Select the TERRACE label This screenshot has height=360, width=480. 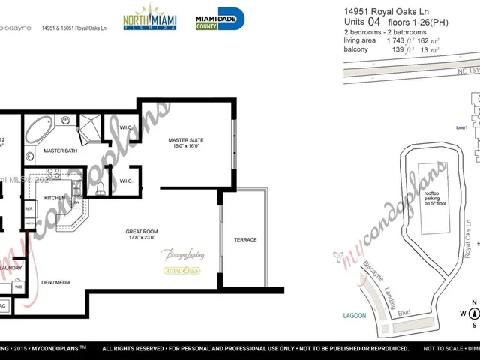[246, 240]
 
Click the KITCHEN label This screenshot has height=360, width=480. [55, 197]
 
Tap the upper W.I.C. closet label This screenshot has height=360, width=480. [126, 127]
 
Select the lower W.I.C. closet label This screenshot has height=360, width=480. [126, 181]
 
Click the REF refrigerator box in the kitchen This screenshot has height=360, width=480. [29, 209]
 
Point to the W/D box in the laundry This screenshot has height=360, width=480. [18, 286]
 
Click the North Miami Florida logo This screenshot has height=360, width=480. [149, 17]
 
